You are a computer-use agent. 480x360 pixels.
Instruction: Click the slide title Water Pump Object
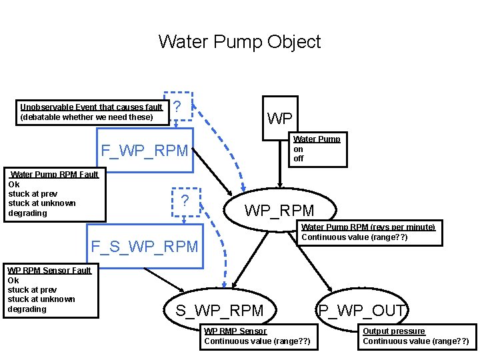(x=239, y=42)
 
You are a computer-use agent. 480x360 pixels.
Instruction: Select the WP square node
(x=279, y=119)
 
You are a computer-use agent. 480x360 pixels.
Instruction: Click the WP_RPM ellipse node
(x=279, y=210)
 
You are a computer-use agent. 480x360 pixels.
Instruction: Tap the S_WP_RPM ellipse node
(x=219, y=310)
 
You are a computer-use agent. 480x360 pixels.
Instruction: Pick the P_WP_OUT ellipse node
(x=362, y=310)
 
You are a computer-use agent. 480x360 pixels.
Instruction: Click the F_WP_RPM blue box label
(x=144, y=150)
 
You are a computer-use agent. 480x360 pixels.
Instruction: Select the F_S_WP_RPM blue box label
(x=144, y=246)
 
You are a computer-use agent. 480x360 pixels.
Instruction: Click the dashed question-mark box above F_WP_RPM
(x=178, y=106)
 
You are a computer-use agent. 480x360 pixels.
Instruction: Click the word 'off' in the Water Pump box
(x=298, y=159)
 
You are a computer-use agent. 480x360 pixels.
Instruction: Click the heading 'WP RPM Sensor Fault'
(x=49, y=270)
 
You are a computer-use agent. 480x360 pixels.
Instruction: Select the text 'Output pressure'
(x=393, y=331)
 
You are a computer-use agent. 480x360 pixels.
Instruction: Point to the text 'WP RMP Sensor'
(x=235, y=331)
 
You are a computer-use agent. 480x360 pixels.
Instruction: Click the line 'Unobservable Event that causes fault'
(x=91, y=107)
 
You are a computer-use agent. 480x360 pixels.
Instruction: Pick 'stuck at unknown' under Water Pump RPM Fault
(x=41, y=203)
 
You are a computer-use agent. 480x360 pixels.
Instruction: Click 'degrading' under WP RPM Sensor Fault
(x=27, y=309)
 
